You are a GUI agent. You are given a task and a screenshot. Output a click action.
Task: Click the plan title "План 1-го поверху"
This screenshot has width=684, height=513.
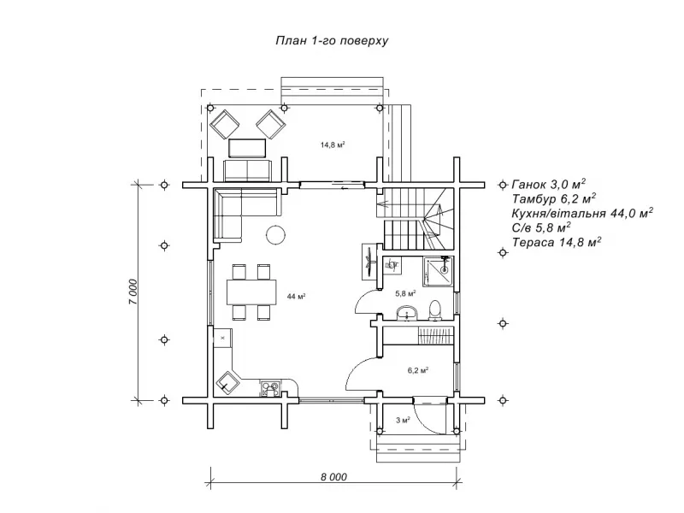[332, 40]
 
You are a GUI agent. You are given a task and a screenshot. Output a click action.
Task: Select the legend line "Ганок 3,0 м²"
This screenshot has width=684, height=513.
[547, 184]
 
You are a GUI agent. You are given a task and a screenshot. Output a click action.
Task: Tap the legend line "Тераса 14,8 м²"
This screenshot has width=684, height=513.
[557, 242]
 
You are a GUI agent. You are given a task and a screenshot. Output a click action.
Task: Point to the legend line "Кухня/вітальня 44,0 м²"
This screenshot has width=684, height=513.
[581, 213]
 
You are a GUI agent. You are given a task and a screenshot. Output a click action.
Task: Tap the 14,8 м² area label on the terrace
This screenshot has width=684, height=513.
[333, 144]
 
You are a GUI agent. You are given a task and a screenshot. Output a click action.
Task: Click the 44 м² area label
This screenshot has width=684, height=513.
[297, 297]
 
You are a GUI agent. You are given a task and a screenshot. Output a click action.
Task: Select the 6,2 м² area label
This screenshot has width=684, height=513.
[416, 370]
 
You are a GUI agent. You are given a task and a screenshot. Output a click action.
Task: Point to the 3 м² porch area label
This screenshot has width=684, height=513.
[403, 419]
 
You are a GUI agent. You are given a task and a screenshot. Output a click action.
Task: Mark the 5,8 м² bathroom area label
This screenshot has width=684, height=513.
[404, 293]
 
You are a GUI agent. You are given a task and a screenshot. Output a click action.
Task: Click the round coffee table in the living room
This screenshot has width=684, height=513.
[275, 233]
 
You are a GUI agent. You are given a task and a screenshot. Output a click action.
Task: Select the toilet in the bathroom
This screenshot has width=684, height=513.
[435, 309]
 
